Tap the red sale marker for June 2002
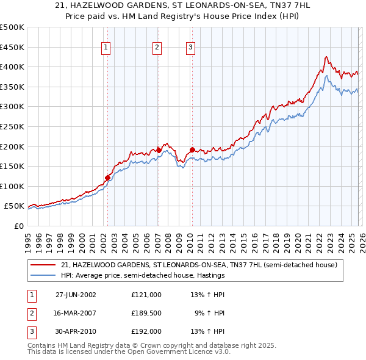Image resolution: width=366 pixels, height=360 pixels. [108, 178]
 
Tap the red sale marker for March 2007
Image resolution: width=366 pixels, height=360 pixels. [159, 150]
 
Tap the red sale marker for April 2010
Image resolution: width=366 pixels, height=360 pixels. [192, 149]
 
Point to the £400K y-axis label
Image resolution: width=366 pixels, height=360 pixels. [12, 67]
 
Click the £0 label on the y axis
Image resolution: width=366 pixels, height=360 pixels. [18, 226]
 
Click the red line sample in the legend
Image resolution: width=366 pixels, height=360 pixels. [44, 265]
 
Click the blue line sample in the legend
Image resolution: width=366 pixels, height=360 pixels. [44, 275]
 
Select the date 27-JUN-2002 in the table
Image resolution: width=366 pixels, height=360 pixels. [76, 295]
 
